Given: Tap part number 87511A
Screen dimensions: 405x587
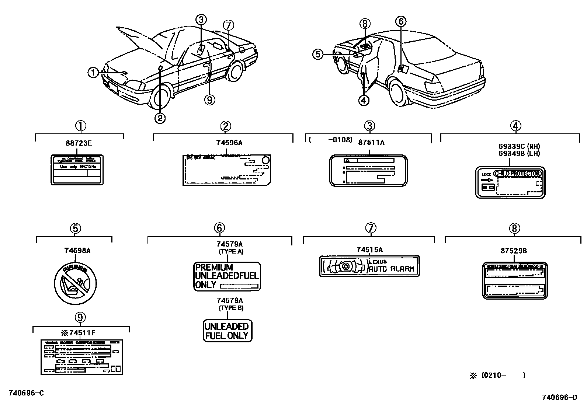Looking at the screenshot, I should [371, 142].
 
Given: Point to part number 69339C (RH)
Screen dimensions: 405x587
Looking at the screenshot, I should [514, 147].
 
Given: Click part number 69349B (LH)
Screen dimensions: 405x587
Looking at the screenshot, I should [514, 154].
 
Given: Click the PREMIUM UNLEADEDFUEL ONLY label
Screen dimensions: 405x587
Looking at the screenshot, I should [227, 276].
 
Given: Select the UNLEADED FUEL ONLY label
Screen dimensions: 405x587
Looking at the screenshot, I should [227, 331].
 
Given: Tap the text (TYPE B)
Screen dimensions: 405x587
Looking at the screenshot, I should [231, 308].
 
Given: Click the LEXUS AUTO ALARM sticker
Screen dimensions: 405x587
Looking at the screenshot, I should [369, 266].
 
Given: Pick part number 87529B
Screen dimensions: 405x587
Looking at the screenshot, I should [514, 251].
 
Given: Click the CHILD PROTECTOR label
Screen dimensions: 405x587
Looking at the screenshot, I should [510, 182].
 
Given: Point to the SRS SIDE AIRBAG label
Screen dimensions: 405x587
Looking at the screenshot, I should [227, 170].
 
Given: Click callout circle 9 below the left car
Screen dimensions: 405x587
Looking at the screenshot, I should [209, 99].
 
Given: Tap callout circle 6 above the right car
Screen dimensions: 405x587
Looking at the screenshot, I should [401, 21].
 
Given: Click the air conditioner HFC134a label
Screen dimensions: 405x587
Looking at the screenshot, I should [77, 170].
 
